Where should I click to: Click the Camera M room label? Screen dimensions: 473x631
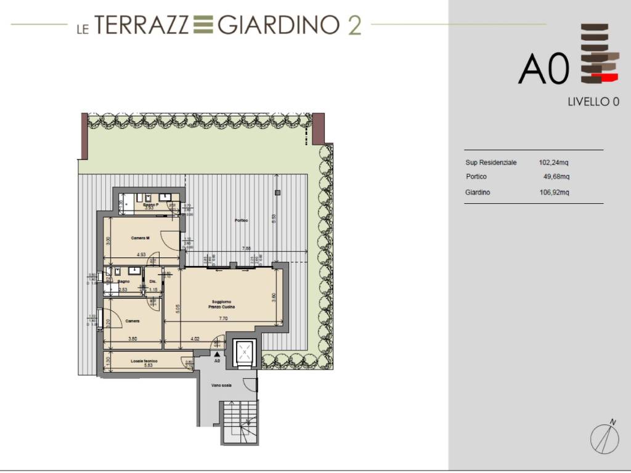140,238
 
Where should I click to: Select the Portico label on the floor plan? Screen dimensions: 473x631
240,220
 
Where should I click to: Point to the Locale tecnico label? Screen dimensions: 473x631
144,360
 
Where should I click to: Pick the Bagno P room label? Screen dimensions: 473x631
150,204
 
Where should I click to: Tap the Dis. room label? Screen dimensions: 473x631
152,283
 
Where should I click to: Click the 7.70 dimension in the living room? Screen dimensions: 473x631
223,319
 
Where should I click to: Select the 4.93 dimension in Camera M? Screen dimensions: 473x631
141,254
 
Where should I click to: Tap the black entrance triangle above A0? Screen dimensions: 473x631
216,355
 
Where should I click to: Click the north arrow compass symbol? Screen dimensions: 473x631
605,437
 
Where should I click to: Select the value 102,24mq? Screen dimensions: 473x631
554,163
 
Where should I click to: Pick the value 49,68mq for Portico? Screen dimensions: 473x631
556,177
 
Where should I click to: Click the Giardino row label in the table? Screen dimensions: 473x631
478,193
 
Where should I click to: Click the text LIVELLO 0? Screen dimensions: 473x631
593,102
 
